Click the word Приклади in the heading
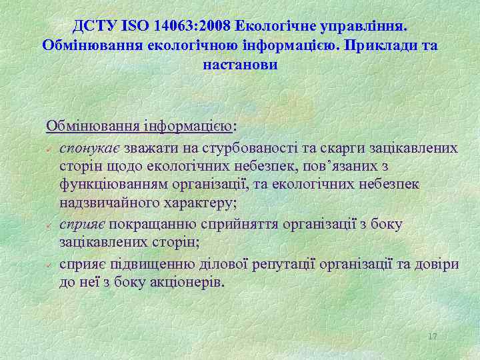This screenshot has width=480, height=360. coord(383,45)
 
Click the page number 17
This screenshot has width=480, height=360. coord(432,336)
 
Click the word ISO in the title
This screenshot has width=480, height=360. coord(137,26)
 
